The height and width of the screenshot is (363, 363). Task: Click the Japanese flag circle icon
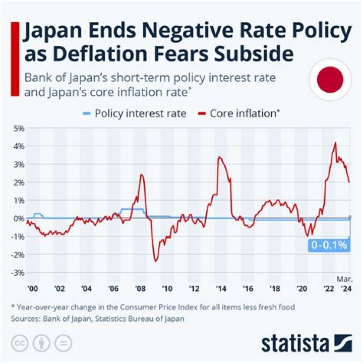click(330, 80)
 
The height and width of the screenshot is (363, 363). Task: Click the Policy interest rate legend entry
click(135, 113)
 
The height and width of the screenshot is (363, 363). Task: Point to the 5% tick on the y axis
click(19, 128)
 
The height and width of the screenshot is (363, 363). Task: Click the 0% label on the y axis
click(19, 218)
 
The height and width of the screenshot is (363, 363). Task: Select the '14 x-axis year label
click(221, 289)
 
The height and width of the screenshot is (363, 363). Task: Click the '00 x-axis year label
click(33, 289)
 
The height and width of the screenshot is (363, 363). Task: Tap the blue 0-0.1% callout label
click(328, 246)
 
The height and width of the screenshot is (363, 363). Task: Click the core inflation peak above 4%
click(335, 143)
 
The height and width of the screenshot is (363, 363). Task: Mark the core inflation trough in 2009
click(155, 261)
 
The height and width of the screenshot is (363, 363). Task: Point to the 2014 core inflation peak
click(219, 157)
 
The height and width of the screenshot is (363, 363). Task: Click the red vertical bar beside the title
click(15, 58)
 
